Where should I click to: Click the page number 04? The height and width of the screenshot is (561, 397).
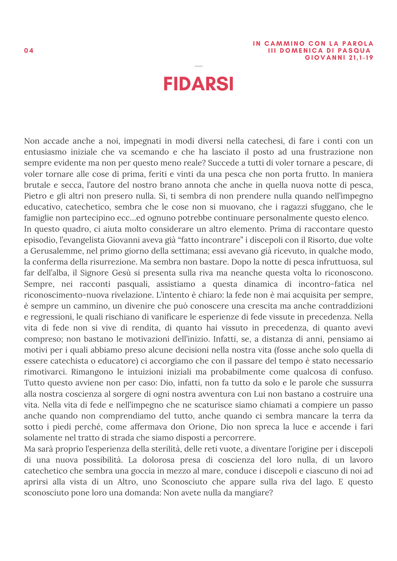click(29, 51)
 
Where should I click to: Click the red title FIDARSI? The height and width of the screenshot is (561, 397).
click(198, 84)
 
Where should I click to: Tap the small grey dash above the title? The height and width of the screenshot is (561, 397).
click(198, 66)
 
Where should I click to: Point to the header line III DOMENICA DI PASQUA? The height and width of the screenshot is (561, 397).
click(319, 51)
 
